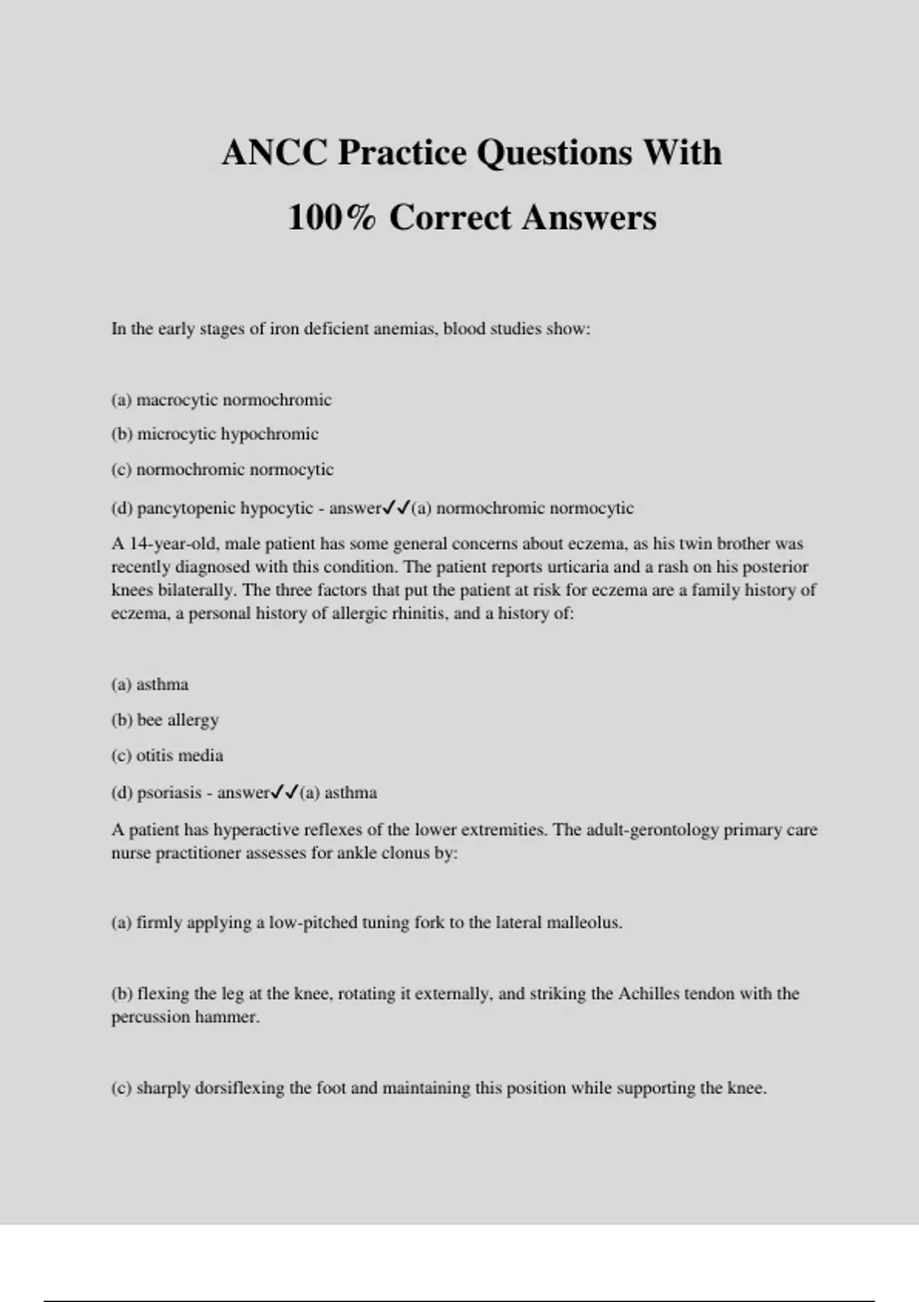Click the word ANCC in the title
[x=273, y=152]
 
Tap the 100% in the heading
[x=332, y=218]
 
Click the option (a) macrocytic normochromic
[x=221, y=400]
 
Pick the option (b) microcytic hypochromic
[x=214, y=434]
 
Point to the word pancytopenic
[x=184, y=509]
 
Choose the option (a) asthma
[x=150, y=685]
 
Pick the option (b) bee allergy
[x=165, y=720]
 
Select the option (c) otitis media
[x=167, y=756]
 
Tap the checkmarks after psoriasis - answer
[x=285, y=792]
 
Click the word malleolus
[x=584, y=923]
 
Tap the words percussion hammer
[x=185, y=1018]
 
